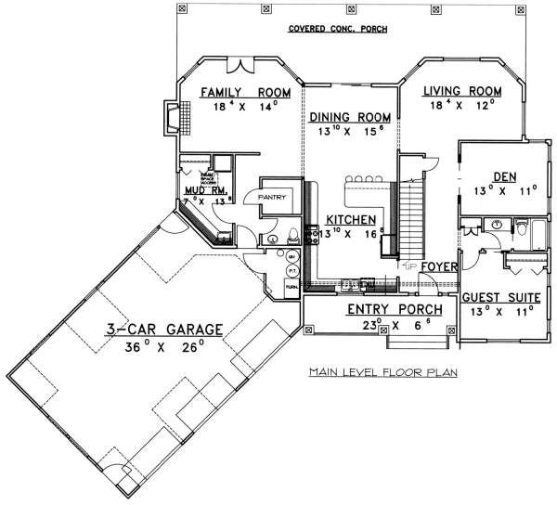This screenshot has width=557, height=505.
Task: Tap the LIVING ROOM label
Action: pyautogui.click(x=461, y=91)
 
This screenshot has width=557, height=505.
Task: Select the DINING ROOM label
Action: pyautogui.click(x=348, y=118)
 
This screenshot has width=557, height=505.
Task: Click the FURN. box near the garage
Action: pyautogui.click(x=291, y=287)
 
